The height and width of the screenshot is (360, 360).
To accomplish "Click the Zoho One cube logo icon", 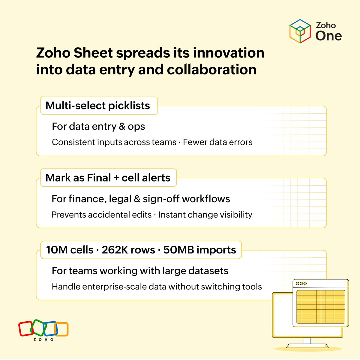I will click(300, 31).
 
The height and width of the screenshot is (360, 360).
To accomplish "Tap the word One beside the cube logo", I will click(328, 36).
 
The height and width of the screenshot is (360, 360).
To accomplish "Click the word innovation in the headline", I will click(228, 53).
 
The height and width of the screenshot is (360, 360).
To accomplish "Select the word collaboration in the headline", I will click(211, 70).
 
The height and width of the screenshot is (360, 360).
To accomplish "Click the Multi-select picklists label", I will click(98, 106).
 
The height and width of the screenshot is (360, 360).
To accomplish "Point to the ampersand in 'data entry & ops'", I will click(122, 126).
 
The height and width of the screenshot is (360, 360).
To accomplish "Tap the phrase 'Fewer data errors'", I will click(217, 142).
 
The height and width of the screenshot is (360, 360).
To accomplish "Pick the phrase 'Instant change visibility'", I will click(205, 215).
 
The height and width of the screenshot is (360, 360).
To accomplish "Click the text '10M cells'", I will click(70, 250).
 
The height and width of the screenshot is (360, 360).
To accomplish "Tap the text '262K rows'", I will click(128, 250).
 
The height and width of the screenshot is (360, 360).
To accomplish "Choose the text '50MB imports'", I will click(200, 250).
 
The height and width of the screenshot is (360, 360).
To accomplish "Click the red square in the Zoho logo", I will click(25, 329).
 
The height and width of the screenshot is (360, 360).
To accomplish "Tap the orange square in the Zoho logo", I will click(62, 329).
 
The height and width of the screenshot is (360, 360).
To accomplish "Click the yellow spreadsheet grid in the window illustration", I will click(320, 307).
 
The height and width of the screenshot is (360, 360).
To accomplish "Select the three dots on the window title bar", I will click(301, 283).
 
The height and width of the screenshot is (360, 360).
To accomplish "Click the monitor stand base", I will click(307, 346).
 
